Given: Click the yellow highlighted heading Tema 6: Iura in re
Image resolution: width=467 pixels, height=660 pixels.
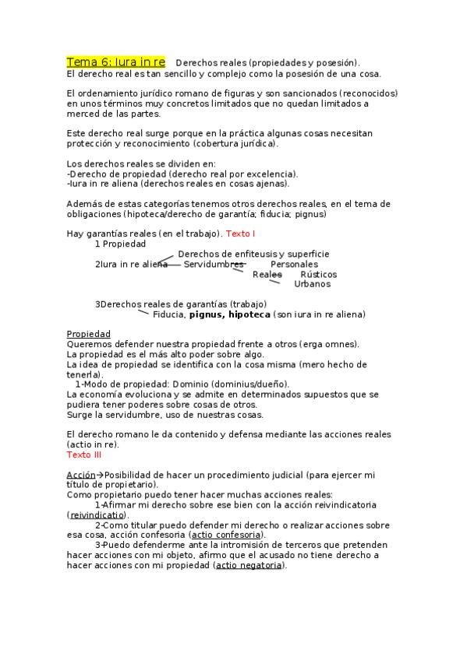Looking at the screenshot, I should pos(115,61).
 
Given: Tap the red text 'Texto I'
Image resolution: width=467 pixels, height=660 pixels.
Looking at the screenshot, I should pos(241,233).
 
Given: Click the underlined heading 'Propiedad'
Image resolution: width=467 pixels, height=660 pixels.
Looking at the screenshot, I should pos(89,334).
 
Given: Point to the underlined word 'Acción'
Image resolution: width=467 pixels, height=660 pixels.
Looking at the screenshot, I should pos(81,474).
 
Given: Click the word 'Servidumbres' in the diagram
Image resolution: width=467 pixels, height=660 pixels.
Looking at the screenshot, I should pos(214,264).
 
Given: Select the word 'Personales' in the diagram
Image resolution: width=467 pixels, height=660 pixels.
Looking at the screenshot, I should pos(294,264).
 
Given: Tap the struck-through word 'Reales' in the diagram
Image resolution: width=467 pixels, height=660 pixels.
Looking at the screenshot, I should pos(267,274).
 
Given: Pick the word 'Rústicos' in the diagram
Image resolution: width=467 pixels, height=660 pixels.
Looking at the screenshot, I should pos(318,274).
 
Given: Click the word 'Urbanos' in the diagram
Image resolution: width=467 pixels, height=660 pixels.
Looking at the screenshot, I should pos(312,284).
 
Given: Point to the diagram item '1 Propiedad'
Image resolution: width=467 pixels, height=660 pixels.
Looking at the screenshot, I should pos(120,244).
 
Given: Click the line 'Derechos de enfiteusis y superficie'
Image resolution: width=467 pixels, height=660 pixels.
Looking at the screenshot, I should pos(253,254).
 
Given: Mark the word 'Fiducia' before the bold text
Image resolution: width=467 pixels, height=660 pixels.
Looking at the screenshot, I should pos(168,314).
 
